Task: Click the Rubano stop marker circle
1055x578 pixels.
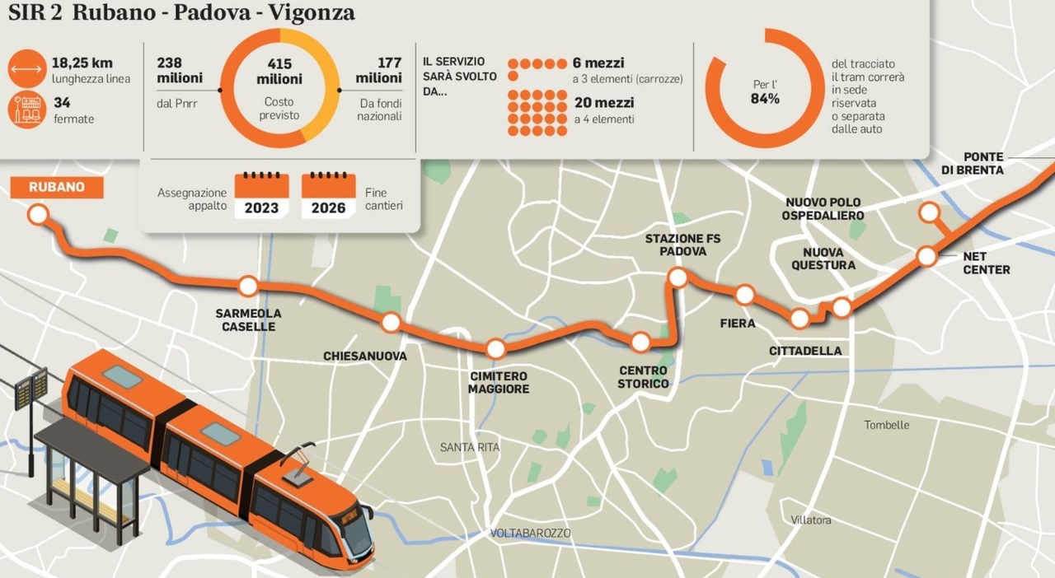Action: (x=37, y=216)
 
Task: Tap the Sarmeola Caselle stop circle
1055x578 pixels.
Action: (x=248, y=287)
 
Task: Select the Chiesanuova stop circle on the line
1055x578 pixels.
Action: (x=391, y=322)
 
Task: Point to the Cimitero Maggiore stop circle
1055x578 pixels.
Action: (x=495, y=348)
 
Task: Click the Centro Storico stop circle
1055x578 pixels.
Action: (x=640, y=342)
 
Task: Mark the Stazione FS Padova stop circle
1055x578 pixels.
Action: (x=678, y=277)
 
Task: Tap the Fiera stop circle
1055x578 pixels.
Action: (x=745, y=294)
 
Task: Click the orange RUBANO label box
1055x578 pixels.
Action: (x=57, y=187)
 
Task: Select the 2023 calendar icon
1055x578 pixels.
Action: (x=261, y=196)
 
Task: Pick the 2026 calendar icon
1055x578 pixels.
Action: (x=329, y=196)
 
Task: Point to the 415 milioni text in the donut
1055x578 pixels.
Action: (x=279, y=72)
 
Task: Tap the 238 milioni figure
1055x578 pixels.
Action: (x=180, y=70)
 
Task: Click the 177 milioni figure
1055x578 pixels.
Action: (x=378, y=70)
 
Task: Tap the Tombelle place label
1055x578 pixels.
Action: (x=887, y=425)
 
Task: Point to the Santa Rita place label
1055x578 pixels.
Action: (x=470, y=447)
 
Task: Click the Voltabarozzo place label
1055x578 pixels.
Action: (x=530, y=533)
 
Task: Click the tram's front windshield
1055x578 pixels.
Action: (x=358, y=534)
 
